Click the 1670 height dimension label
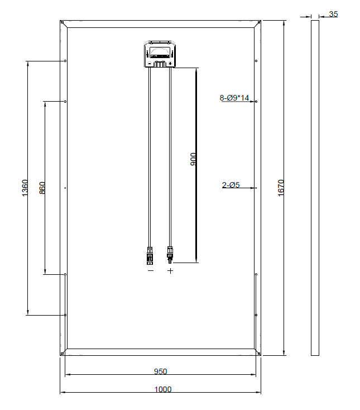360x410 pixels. tap(281, 188)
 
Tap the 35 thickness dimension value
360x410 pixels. tap(333, 14)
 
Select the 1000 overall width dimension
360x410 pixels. tap(163, 389)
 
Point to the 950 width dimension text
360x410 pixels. tap(160, 371)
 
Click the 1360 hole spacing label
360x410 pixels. tap(25, 188)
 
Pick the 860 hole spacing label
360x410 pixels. tap(42, 188)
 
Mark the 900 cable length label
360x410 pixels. tap(193, 159)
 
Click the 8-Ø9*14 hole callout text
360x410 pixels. tap(234, 98)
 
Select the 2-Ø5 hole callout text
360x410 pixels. tap(231, 185)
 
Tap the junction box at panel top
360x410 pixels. tap(160, 54)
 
